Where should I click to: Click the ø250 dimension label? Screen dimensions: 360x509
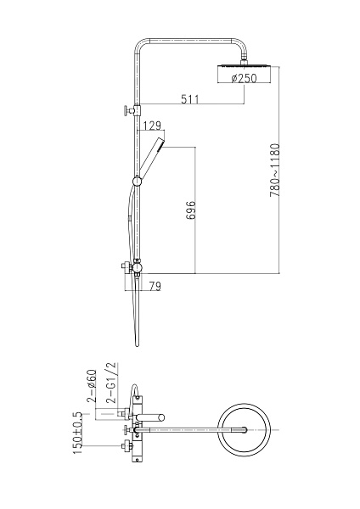244,78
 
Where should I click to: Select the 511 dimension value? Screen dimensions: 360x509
189,99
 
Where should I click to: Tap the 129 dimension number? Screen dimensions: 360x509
152,126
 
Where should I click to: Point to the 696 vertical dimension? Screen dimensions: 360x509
191,210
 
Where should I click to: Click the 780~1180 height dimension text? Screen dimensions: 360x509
274,171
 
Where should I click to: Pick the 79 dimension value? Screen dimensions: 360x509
155,286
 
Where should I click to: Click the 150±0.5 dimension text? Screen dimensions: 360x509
77,433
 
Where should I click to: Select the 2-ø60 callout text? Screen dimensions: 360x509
92,386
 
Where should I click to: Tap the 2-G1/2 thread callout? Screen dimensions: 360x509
111,383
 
